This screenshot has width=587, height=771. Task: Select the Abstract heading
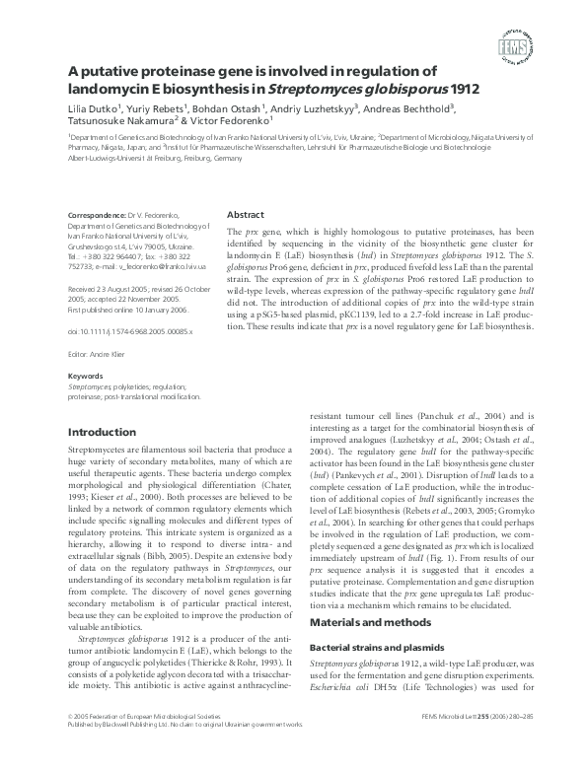246,215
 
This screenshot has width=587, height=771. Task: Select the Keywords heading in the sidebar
84,376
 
